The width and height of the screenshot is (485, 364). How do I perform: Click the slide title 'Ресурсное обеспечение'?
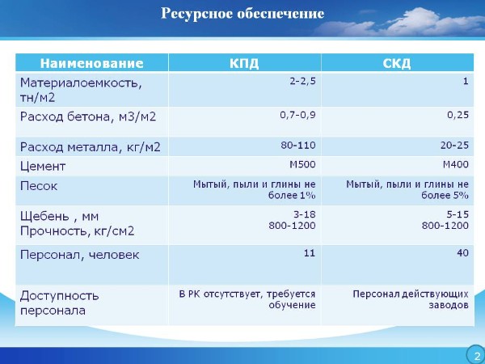pos(242,14)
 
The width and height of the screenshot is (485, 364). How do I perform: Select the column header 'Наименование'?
pos(92,63)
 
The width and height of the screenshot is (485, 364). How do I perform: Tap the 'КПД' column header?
pos(244,63)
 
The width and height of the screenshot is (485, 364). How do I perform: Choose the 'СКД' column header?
pos(397,63)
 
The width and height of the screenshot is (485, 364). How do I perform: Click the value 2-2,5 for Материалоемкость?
pos(303,82)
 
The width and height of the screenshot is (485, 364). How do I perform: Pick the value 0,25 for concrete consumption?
pos(458,115)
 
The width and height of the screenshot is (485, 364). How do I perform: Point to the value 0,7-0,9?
pos(297,115)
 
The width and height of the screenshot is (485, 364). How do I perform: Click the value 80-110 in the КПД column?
pos(298,145)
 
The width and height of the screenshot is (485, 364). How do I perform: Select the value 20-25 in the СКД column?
pos(454,145)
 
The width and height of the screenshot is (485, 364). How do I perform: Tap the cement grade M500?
pos(302,164)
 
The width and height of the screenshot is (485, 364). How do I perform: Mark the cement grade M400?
pos(456,164)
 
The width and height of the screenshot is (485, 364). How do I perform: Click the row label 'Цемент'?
pos(43,167)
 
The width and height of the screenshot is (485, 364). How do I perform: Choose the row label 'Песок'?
pos(39,186)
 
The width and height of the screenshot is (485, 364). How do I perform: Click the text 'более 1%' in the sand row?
pos(292,195)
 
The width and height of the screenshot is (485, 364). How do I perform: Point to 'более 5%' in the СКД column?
pos(445,195)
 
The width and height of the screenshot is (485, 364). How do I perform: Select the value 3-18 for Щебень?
pos(305,214)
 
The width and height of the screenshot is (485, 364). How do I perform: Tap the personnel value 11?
pos(310,253)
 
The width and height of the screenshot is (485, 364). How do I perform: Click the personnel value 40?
pos(462,253)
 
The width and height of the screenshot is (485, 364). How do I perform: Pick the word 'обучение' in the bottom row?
pos(292,305)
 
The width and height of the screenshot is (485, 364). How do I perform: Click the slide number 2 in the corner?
pos(477,355)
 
